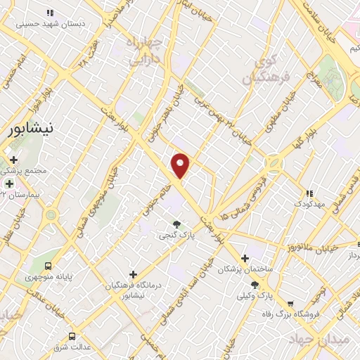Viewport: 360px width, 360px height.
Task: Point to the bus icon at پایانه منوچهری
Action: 49,266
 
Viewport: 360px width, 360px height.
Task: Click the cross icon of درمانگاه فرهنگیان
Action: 134,274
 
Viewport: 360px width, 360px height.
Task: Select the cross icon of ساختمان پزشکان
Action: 245,258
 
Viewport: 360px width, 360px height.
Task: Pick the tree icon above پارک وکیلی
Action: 255,285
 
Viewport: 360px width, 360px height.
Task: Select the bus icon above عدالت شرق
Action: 72,336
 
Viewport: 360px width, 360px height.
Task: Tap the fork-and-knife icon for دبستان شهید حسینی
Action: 49,13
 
